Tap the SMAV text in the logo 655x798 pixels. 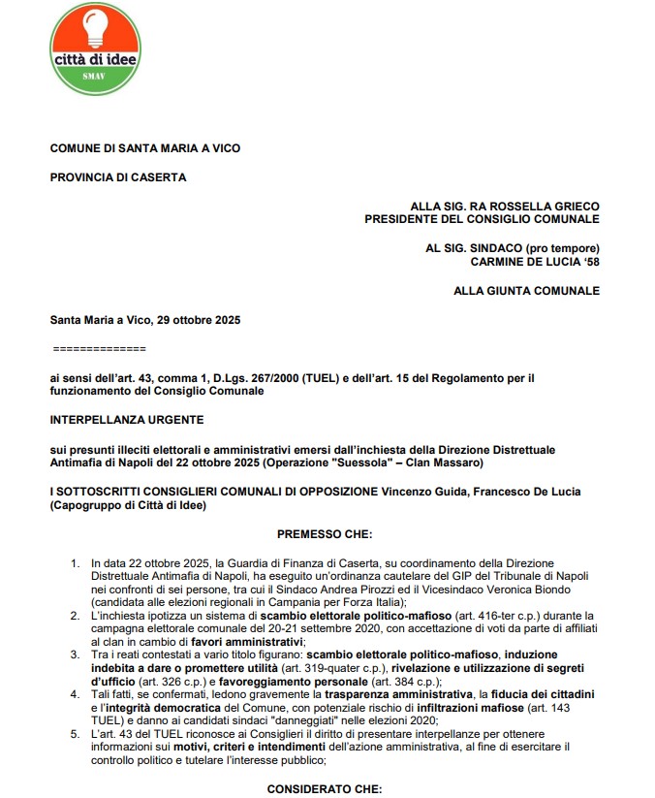tap(94, 75)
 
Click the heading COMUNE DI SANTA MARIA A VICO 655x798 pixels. tap(145, 148)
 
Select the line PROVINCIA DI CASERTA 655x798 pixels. tap(118, 177)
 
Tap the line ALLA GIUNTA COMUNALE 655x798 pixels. tap(526, 291)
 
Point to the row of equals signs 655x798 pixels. tap(97, 347)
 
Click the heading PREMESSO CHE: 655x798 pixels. tap(324, 533)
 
